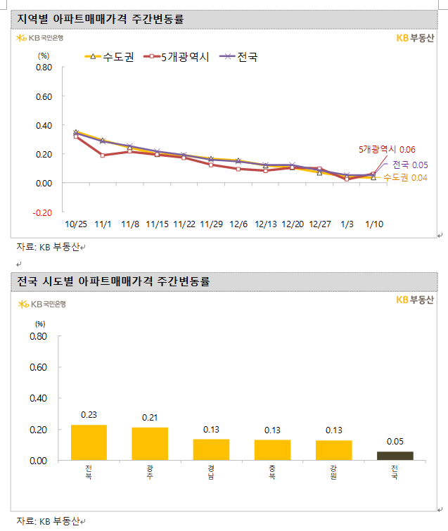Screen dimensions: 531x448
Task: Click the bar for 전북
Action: [x=89, y=442]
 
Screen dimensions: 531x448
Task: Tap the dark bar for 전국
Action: [x=395, y=456]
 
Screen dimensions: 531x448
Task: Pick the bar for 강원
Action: [x=333, y=450]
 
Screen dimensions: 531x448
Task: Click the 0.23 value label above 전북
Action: [x=89, y=415]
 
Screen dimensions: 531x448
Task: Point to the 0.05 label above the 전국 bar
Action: [x=395, y=442]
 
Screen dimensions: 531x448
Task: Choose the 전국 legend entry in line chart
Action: [x=239, y=56]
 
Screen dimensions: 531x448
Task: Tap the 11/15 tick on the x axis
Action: [x=157, y=224]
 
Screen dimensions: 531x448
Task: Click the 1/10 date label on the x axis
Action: [x=374, y=224]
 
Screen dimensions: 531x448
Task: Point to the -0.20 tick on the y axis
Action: [x=43, y=212]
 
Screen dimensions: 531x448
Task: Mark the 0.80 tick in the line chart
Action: [x=44, y=68]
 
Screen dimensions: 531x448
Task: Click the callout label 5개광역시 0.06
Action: [x=388, y=149]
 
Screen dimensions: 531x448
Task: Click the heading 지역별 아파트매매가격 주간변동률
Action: [x=101, y=19]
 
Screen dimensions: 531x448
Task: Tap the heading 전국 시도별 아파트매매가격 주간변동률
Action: [x=113, y=282]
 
